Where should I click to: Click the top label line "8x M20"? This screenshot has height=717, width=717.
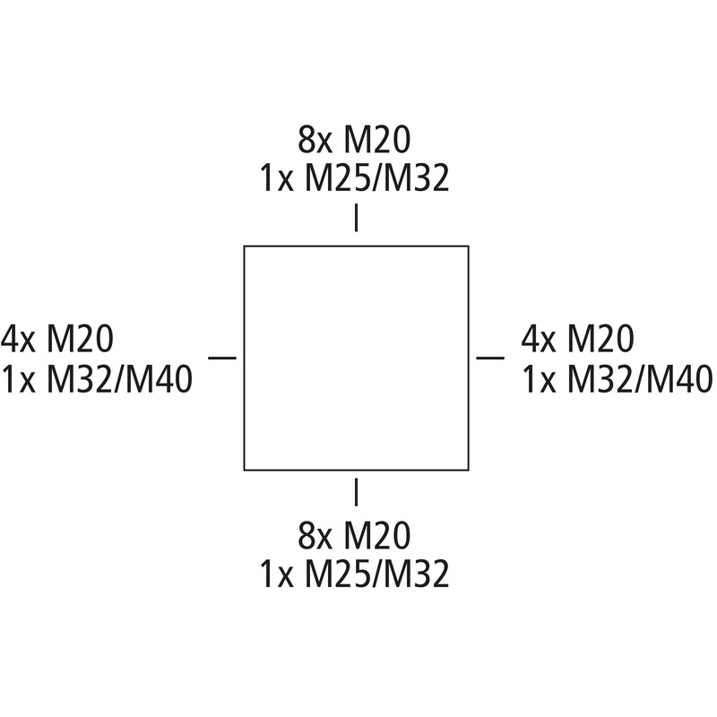pyautogui.click(x=354, y=140)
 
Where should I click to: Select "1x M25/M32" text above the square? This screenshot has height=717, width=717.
pyautogui.click(x=354, y=177)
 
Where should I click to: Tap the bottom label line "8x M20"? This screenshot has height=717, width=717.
pyautogui.click(x=354, y=535)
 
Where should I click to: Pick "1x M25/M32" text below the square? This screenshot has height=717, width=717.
pyautogui.click(x=354, y=574)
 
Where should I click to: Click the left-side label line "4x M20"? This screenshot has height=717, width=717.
pyautogui.click(x=57, y=339)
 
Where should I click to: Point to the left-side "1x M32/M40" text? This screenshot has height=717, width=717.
pyautogui.click(x=97, y=379)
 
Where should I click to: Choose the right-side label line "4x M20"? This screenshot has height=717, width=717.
pyautogui.click(x=577, y=339)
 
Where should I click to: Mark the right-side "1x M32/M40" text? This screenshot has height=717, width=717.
pyautogui.click(x=618, y=379)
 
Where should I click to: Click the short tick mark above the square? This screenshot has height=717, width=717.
pyautogui.click(x=356, y=218)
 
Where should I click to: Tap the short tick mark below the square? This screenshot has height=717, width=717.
pyautogui.click(x=356, y=492)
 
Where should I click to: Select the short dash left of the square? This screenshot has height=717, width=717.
pyautogui.click(x=222, y=358)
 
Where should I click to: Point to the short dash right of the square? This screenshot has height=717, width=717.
pyautogui.click(x=490, y=358)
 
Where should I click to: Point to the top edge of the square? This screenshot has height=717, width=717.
pyautogui.click(x=356, y=246)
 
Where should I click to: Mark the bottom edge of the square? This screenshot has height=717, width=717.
pyautogui.click(x=356, y=470)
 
